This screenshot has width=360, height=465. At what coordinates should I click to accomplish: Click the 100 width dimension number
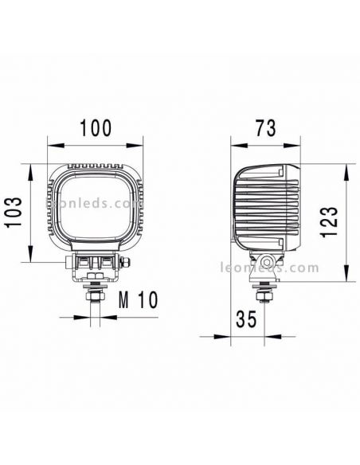coord(96,128)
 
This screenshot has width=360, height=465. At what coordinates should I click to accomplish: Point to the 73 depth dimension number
coord(266,128)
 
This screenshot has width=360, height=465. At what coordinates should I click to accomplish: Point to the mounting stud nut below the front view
coord(95,296)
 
